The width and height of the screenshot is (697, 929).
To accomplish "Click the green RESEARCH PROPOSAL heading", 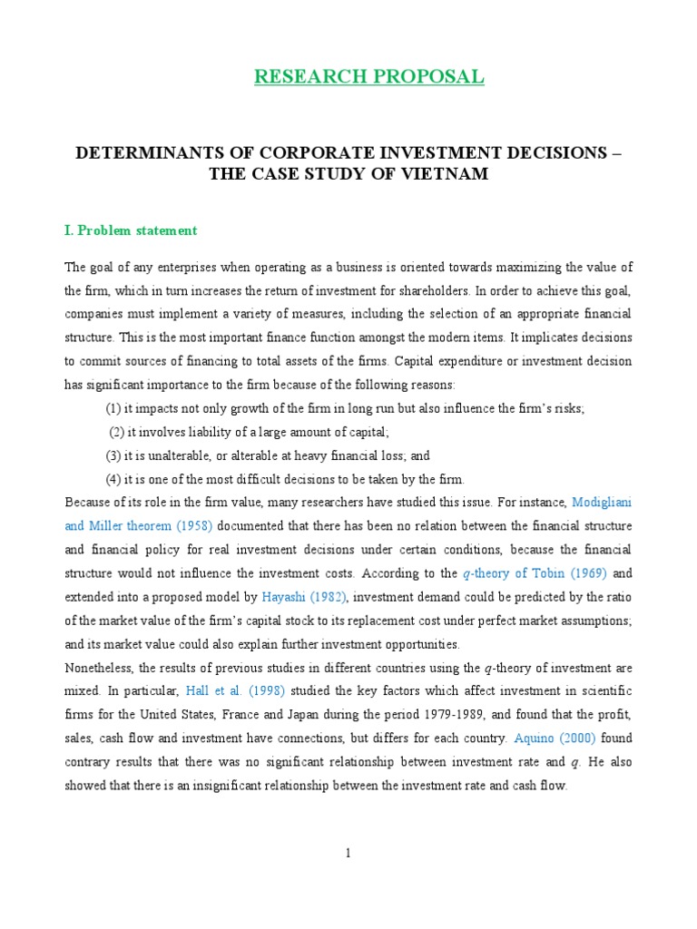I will [368, 77].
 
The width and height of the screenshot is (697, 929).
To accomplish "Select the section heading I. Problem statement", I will [130, 230].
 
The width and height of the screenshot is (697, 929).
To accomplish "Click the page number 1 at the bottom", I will [348, 853].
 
